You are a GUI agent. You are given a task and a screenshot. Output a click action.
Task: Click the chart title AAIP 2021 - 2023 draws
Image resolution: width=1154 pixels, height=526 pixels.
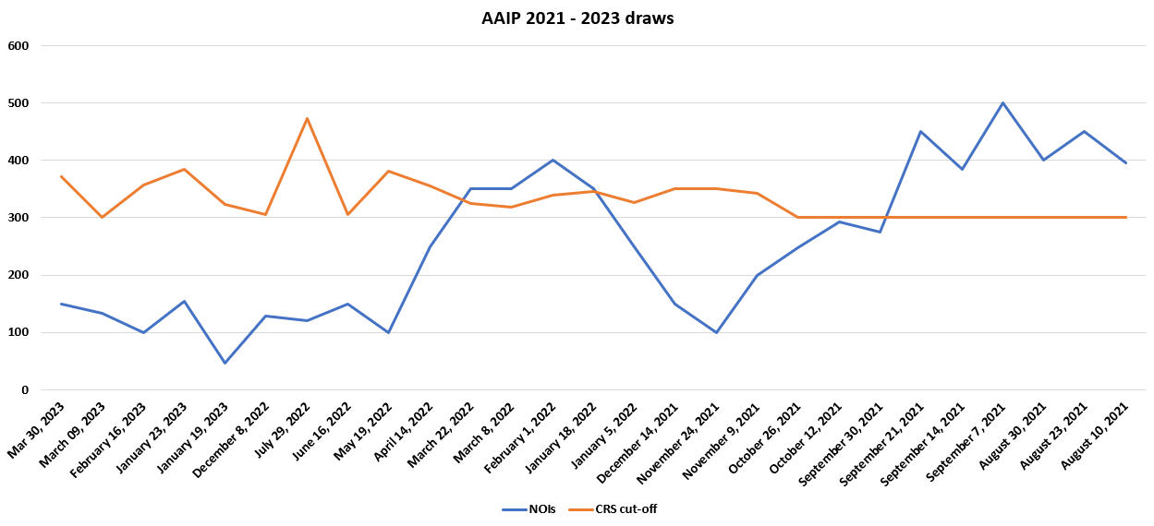577,18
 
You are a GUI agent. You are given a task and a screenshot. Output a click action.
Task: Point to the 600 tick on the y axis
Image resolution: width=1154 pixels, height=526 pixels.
18,45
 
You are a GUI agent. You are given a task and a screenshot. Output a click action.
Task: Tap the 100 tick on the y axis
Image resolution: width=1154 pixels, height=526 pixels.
18,332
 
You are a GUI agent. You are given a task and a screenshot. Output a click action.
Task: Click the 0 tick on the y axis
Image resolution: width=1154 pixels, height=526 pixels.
25,390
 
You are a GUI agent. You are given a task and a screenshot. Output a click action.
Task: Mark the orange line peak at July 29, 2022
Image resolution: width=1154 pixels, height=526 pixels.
307,118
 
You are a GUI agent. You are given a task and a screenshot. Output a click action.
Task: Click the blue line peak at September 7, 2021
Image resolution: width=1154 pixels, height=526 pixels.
1002,102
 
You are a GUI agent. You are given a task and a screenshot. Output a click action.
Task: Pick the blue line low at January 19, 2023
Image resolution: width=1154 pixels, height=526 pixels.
225,363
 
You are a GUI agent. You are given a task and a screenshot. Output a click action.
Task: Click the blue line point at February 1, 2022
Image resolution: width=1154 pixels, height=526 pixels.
553,160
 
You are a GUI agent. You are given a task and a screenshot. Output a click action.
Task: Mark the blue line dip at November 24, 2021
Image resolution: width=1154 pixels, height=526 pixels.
716,332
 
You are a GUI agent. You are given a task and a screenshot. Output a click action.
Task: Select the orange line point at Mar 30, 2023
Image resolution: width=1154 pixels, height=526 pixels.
61,176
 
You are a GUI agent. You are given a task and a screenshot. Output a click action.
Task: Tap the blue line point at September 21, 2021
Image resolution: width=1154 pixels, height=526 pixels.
920,131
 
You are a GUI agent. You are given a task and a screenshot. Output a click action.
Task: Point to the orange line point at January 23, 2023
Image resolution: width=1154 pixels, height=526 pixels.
184,169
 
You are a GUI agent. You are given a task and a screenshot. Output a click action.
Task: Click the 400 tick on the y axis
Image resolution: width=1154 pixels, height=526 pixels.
18,161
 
